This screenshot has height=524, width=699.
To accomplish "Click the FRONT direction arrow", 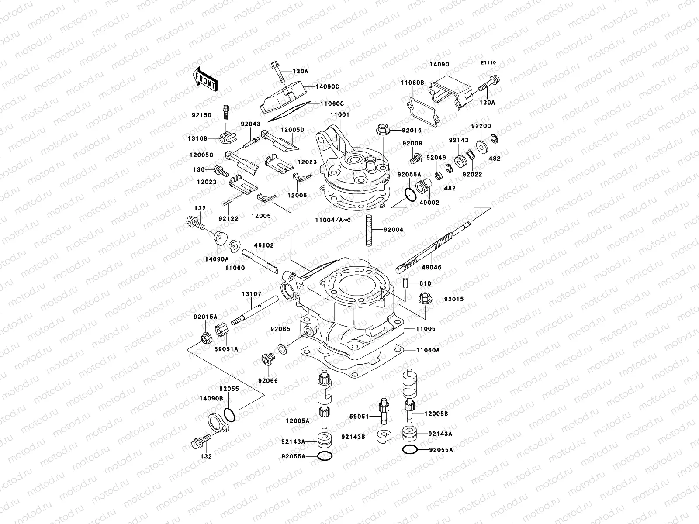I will (206, 79).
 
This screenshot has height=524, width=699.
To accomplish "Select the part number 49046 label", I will (432, 268).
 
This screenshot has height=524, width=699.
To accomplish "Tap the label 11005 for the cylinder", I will (426, 329).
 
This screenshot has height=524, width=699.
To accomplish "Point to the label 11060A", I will (428, 350).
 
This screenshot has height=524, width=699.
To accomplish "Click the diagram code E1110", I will (488, 63).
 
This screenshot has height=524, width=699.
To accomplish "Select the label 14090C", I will (328, 86).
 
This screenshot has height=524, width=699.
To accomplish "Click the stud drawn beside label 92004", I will (369, 231).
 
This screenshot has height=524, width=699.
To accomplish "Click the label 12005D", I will (292, 130).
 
